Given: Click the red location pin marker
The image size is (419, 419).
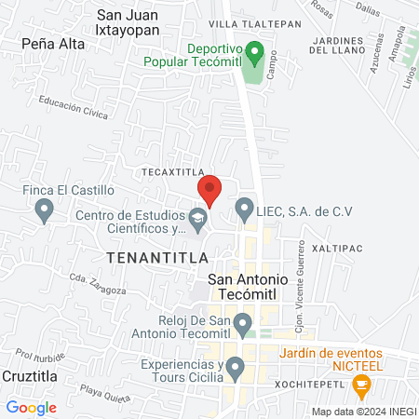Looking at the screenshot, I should (x=209, y=189).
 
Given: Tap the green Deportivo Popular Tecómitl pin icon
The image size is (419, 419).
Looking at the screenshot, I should (x=261, y=52).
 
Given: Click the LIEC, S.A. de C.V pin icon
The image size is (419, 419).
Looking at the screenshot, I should (x=245, y=210).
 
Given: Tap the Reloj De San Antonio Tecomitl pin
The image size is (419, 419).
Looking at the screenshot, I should (x=242, y=326).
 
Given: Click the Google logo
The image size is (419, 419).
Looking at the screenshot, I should (x=31, y=407).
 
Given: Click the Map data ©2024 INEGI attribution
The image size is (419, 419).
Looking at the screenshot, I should (x=363, y=412).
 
